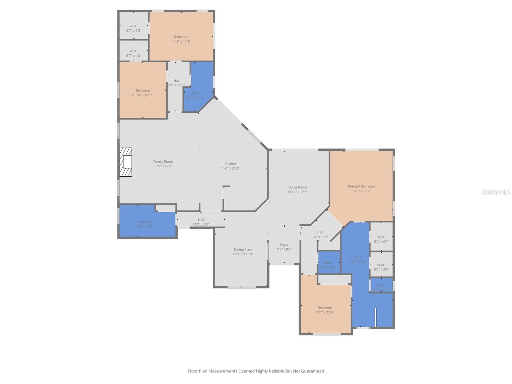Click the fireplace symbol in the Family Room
click(125, 162)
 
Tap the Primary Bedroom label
click(361, 186)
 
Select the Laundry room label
click(145, 222)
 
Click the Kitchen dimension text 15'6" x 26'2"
click(230, 168)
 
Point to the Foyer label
click(284, 245)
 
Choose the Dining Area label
click(243, 250)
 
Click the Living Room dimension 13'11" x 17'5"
click(297, 192)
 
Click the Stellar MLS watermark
click(496, 192)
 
